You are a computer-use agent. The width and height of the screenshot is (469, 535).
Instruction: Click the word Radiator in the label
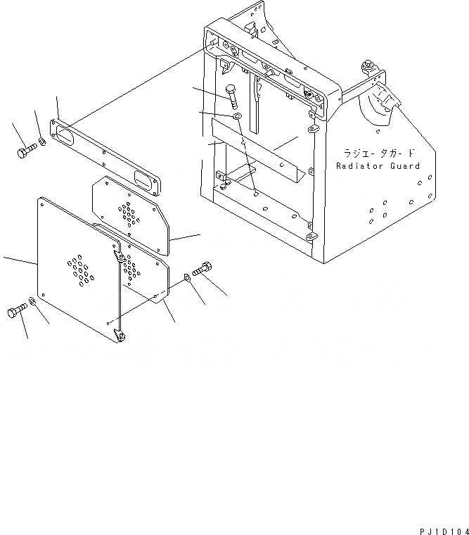coord(359,166)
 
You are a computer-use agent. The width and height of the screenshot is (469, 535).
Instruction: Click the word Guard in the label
coord(405,166)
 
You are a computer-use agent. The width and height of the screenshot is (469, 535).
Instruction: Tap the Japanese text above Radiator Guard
coord(378,153)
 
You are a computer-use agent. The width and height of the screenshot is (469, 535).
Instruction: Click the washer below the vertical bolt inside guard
coord(237,115)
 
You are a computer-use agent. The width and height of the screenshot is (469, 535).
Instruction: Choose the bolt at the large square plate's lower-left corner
coord(18,310)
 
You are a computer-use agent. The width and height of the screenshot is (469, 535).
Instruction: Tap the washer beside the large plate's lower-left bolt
coord(32,301)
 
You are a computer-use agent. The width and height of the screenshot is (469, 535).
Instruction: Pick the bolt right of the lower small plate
coord(201,268)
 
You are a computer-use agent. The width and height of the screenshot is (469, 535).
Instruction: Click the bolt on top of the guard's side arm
coord(368,66)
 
